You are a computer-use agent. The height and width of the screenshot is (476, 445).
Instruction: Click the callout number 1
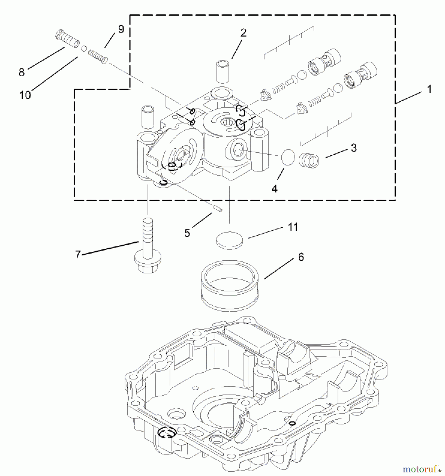pos(429,89)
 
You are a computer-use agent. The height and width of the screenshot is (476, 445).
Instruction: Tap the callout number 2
pos(243,33)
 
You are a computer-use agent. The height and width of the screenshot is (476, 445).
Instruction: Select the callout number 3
pos(354,148)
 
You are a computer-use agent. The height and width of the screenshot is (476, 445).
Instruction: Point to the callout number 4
pos(274,189)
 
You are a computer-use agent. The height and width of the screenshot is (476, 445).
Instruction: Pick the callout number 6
pos(301,257)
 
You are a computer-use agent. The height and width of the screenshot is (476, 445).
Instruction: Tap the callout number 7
pos(78,255)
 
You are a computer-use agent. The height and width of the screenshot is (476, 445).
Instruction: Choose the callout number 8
pos(22,72)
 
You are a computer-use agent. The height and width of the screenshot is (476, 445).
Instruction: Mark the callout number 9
pos(121,29)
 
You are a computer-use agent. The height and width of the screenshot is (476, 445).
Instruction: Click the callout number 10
pos(25,95)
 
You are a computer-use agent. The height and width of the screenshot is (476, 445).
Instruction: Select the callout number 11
pos(293,227)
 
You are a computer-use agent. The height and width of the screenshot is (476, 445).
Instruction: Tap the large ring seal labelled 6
pos(229,286)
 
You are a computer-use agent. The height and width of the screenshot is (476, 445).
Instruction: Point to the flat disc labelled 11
pos(229,240)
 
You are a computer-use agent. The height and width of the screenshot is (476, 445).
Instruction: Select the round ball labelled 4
pos(288,158)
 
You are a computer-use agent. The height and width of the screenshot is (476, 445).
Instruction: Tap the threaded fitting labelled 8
pos(68,39)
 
